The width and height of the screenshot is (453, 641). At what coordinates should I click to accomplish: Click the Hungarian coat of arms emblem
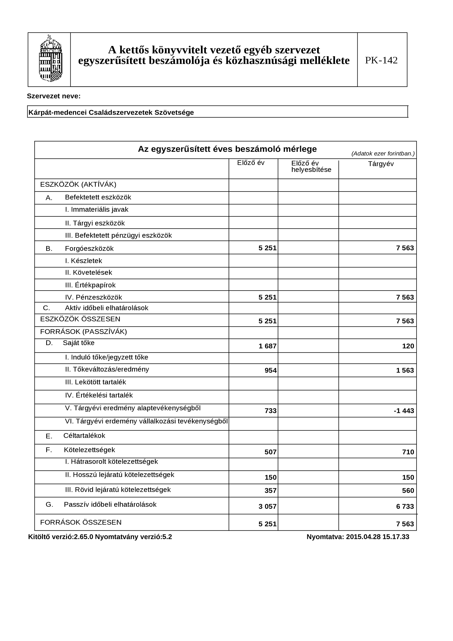(x=51, y=59)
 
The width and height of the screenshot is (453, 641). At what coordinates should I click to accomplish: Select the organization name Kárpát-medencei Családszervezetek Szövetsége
(x=111, y=113)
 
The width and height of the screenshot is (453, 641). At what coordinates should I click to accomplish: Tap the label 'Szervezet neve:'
(x=54, y=96)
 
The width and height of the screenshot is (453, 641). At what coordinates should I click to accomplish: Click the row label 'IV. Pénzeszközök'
(x=94, y=297)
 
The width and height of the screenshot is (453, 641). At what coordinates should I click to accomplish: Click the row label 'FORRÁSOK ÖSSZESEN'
(x=81, y=522)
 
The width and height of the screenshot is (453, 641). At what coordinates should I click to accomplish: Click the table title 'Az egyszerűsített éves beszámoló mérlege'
(x=227, y=149)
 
